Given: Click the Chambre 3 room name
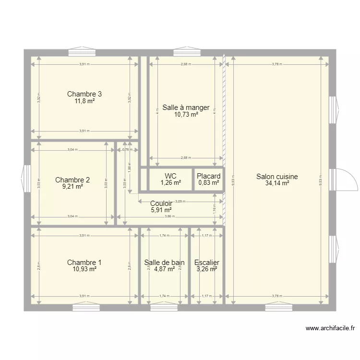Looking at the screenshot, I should coord(84,94).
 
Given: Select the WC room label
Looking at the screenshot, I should coord(170,176).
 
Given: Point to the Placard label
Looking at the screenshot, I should coord(209,176).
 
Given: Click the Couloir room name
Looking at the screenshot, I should coord(161,204).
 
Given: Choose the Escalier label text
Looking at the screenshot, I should coord(207,263).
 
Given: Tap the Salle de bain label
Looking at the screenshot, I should coord(164,263).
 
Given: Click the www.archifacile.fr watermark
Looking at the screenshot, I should coord(330,328).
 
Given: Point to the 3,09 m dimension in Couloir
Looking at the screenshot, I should coord(180,202).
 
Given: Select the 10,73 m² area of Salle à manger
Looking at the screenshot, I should coord(186,115).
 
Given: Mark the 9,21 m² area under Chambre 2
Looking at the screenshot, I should coord(72,187).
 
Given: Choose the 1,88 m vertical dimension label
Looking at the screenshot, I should coord(129,167).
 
